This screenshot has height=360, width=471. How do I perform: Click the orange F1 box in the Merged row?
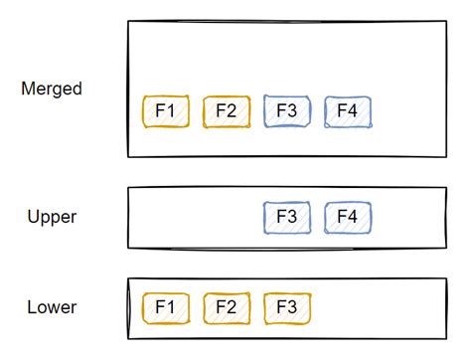pyautogui.click(x=166, y=111)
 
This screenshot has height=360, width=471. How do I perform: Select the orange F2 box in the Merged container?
pyautogui.click(x=227, y=111)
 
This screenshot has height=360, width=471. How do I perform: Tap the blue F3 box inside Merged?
pyautogui.click(x=287, y=111)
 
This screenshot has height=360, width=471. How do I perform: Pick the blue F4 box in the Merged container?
pyautogui.click(x=348, y=111)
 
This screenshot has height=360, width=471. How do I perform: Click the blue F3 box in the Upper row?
pyautogui.click(x=287, y=217)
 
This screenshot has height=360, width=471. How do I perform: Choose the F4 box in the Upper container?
pyautogui.click(x=348, y=217)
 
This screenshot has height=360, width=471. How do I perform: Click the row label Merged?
pyautogui.click(x=52, y=90)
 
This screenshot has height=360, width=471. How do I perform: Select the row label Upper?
pyautogui.click(x=53, y=216)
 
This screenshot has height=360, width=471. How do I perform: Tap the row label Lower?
pyautogui.click(x=53, y=307)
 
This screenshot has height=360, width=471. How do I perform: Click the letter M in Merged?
pyautogui.click(x=28, y=90)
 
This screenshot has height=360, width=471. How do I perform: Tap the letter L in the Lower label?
pyautogui.click(x=32, y=307)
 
